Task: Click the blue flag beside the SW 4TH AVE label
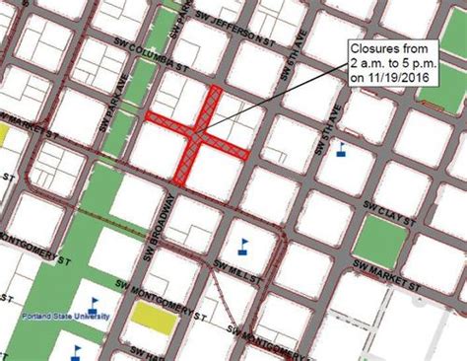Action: [x=342, y=149]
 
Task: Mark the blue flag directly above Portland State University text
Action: [x=96, y=303]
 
